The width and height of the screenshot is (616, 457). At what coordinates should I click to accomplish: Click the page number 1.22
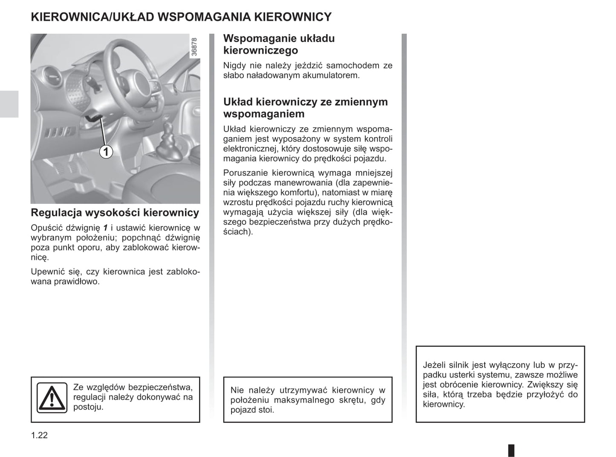(39, 435)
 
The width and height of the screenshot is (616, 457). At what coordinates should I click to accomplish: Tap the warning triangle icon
(52, 398)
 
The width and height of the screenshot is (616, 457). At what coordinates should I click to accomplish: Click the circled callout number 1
(106, 151)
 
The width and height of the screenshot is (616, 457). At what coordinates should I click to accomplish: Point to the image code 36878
(194, 47)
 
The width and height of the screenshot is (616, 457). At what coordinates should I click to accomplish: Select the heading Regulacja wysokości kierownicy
(115, 213)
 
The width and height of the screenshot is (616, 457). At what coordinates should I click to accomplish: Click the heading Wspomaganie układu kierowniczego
(279, 44)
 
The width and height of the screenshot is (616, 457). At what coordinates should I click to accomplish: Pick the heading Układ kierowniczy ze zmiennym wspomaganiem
(305, 108)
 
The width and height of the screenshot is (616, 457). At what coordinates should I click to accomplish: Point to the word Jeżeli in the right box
(434, 365)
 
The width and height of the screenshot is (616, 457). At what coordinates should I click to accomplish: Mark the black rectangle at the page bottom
(512, 450)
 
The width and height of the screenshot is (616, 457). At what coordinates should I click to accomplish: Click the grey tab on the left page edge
(9, 104)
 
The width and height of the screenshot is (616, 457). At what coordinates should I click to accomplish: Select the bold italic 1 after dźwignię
(105, 228)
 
